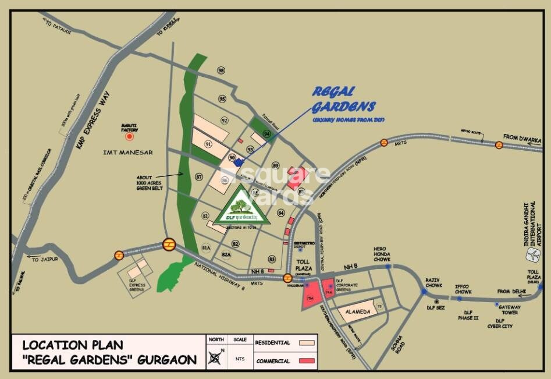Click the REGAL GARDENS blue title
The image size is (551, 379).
tap(343, 100)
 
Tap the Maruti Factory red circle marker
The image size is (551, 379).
tap(130, 137)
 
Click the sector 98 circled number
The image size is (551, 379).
tap(221, 70)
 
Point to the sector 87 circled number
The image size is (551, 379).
tap(199, 176)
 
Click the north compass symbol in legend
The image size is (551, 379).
tap(215, 358)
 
